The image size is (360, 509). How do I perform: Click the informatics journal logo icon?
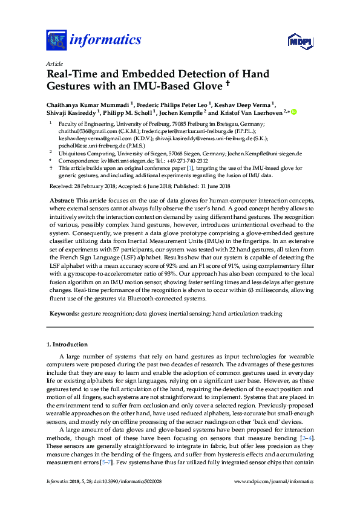tap(56, 41)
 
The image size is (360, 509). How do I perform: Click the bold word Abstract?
tap(62, 199)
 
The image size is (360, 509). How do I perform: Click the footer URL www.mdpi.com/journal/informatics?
tap(274, 481)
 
